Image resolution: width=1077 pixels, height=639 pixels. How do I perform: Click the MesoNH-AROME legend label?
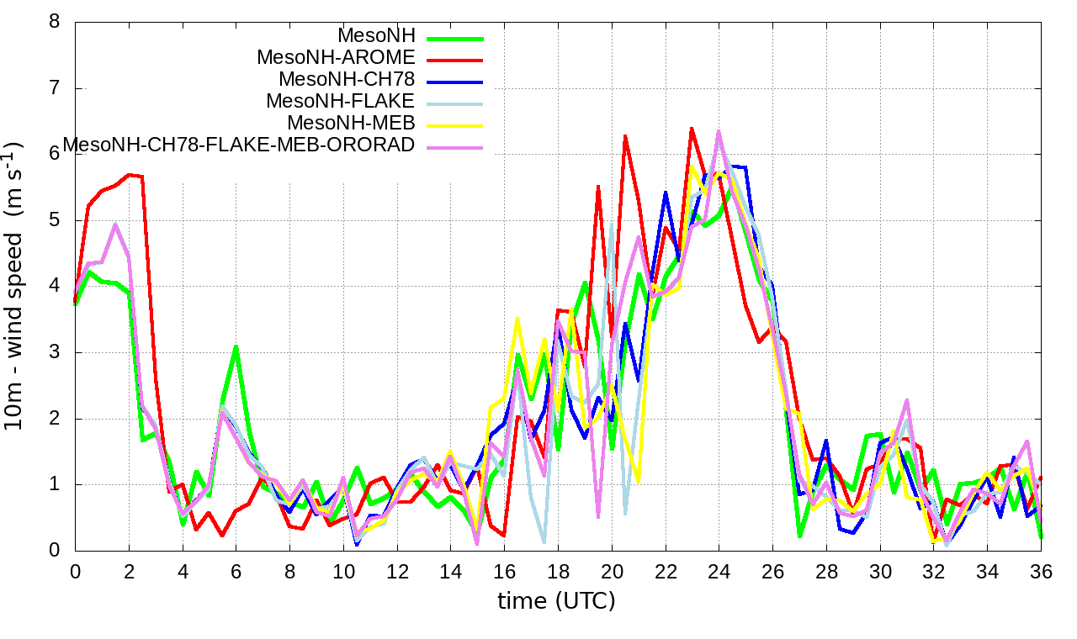click(x=336, y=58)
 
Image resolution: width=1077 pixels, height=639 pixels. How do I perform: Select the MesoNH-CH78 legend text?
click(x=347, y=80)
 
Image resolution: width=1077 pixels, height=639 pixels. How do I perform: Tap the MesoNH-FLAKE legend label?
click(x=341, y=102)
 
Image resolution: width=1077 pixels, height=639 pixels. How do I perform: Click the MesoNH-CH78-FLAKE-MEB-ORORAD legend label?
click(x=239, y=145)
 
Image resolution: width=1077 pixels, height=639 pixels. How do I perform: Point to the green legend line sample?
click(x=455, y=38)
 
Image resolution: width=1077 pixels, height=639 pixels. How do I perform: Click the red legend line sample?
click(x=455, y=60)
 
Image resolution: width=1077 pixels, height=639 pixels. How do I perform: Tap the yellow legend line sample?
click(x=455, y=125)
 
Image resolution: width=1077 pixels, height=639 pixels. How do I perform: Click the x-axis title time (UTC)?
click(x=556, y=601)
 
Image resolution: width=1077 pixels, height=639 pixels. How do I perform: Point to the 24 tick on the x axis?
click(x=719, y=571)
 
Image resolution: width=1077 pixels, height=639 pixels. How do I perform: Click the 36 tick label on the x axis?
click(x=1041, y=571)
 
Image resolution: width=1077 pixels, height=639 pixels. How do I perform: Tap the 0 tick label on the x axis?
click(x=75, y=571)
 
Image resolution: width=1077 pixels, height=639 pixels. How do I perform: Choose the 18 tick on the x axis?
click(x=558, y=571)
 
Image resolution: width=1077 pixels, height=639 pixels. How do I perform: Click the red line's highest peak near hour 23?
click(x=692, y=129)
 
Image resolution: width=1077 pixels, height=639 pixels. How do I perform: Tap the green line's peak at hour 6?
click(x=236, y=346)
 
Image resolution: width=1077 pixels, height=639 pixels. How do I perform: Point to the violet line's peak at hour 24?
click(x=719, y=131)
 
